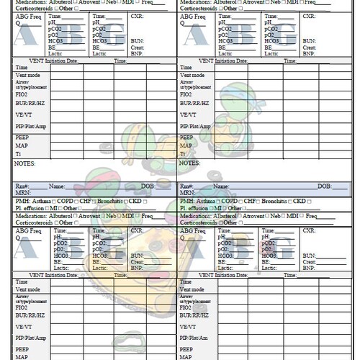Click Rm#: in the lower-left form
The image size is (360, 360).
(21, 186)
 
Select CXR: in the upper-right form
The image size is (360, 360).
(308, 16)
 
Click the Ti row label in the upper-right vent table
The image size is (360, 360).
(182, 153)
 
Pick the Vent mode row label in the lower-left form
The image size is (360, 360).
(28, 287)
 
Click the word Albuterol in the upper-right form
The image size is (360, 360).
(228, 2)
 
